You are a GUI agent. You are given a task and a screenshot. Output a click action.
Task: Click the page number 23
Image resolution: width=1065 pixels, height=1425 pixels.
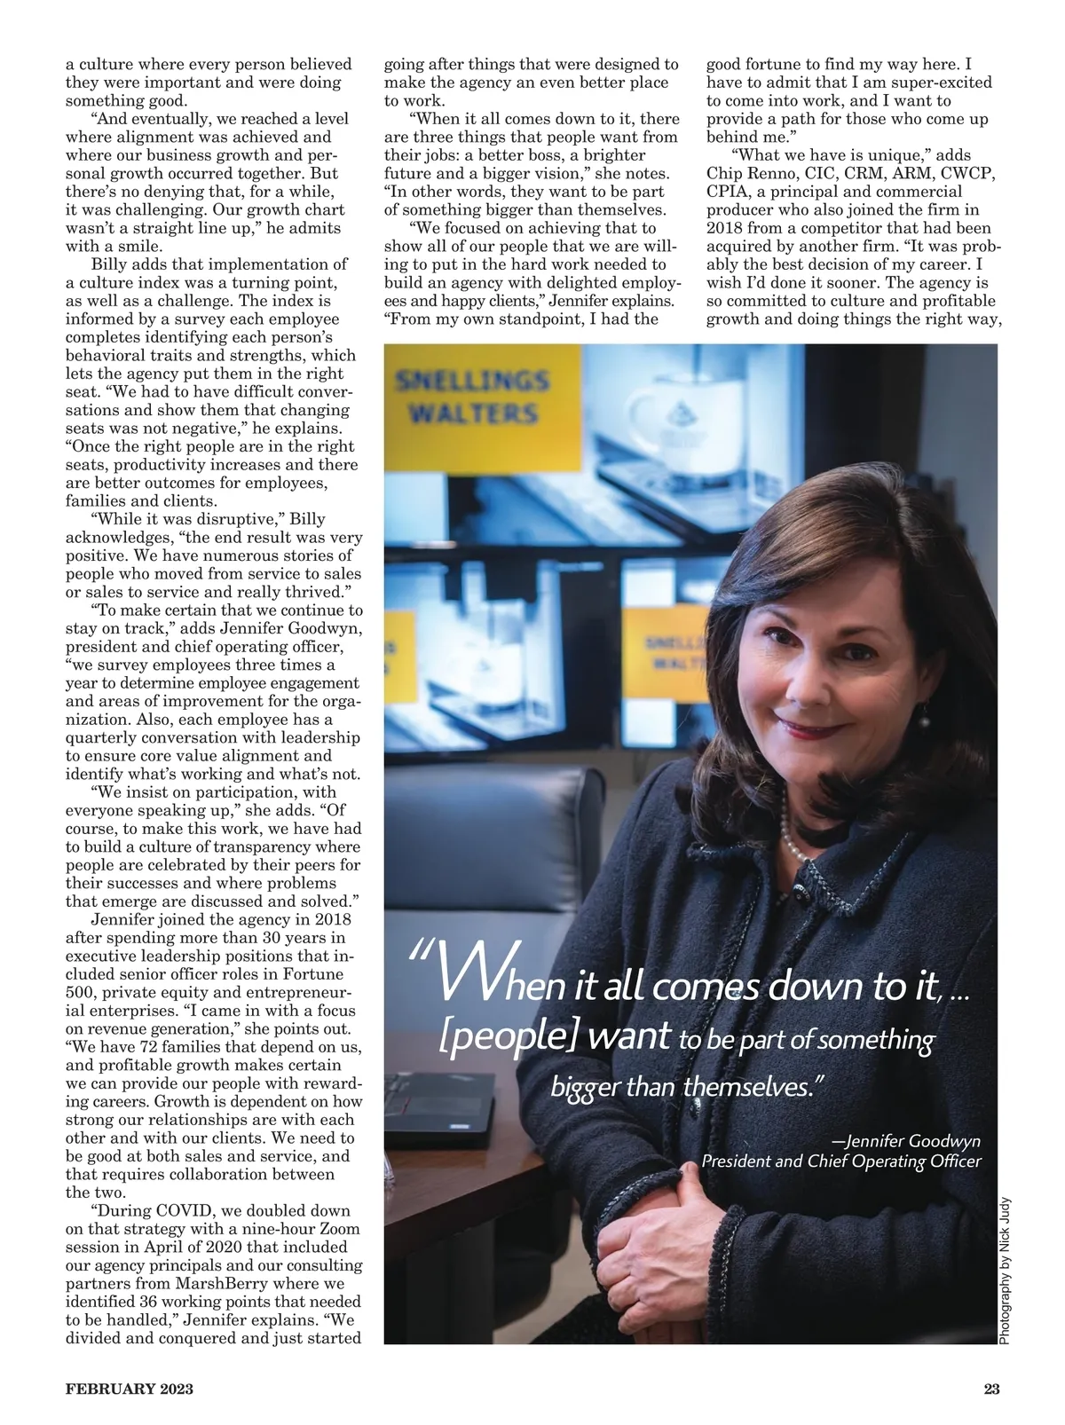[x=991, y=1390]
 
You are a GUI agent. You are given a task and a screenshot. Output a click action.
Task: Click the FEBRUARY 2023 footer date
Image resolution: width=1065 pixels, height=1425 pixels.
[x=130, y=1390]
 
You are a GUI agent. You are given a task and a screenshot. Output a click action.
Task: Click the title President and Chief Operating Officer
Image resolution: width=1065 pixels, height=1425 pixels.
[x=841, y=1161]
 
